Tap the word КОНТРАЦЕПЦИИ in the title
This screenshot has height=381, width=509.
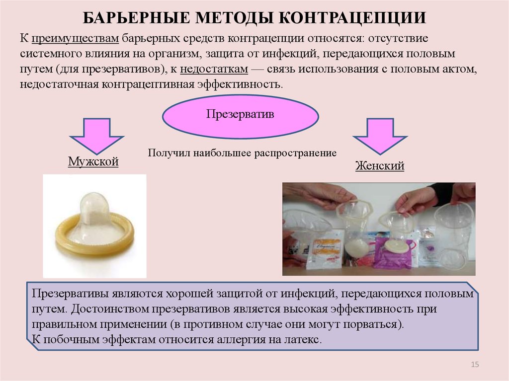352,17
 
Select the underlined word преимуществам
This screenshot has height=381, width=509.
76,39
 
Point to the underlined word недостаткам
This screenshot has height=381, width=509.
214,69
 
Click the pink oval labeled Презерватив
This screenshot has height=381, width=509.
240,116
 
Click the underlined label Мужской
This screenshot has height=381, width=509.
93,161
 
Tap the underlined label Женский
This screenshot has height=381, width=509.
380,165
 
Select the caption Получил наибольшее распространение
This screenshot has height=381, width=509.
242,153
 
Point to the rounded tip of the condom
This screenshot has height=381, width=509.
93,201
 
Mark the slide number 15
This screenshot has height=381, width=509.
475,365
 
